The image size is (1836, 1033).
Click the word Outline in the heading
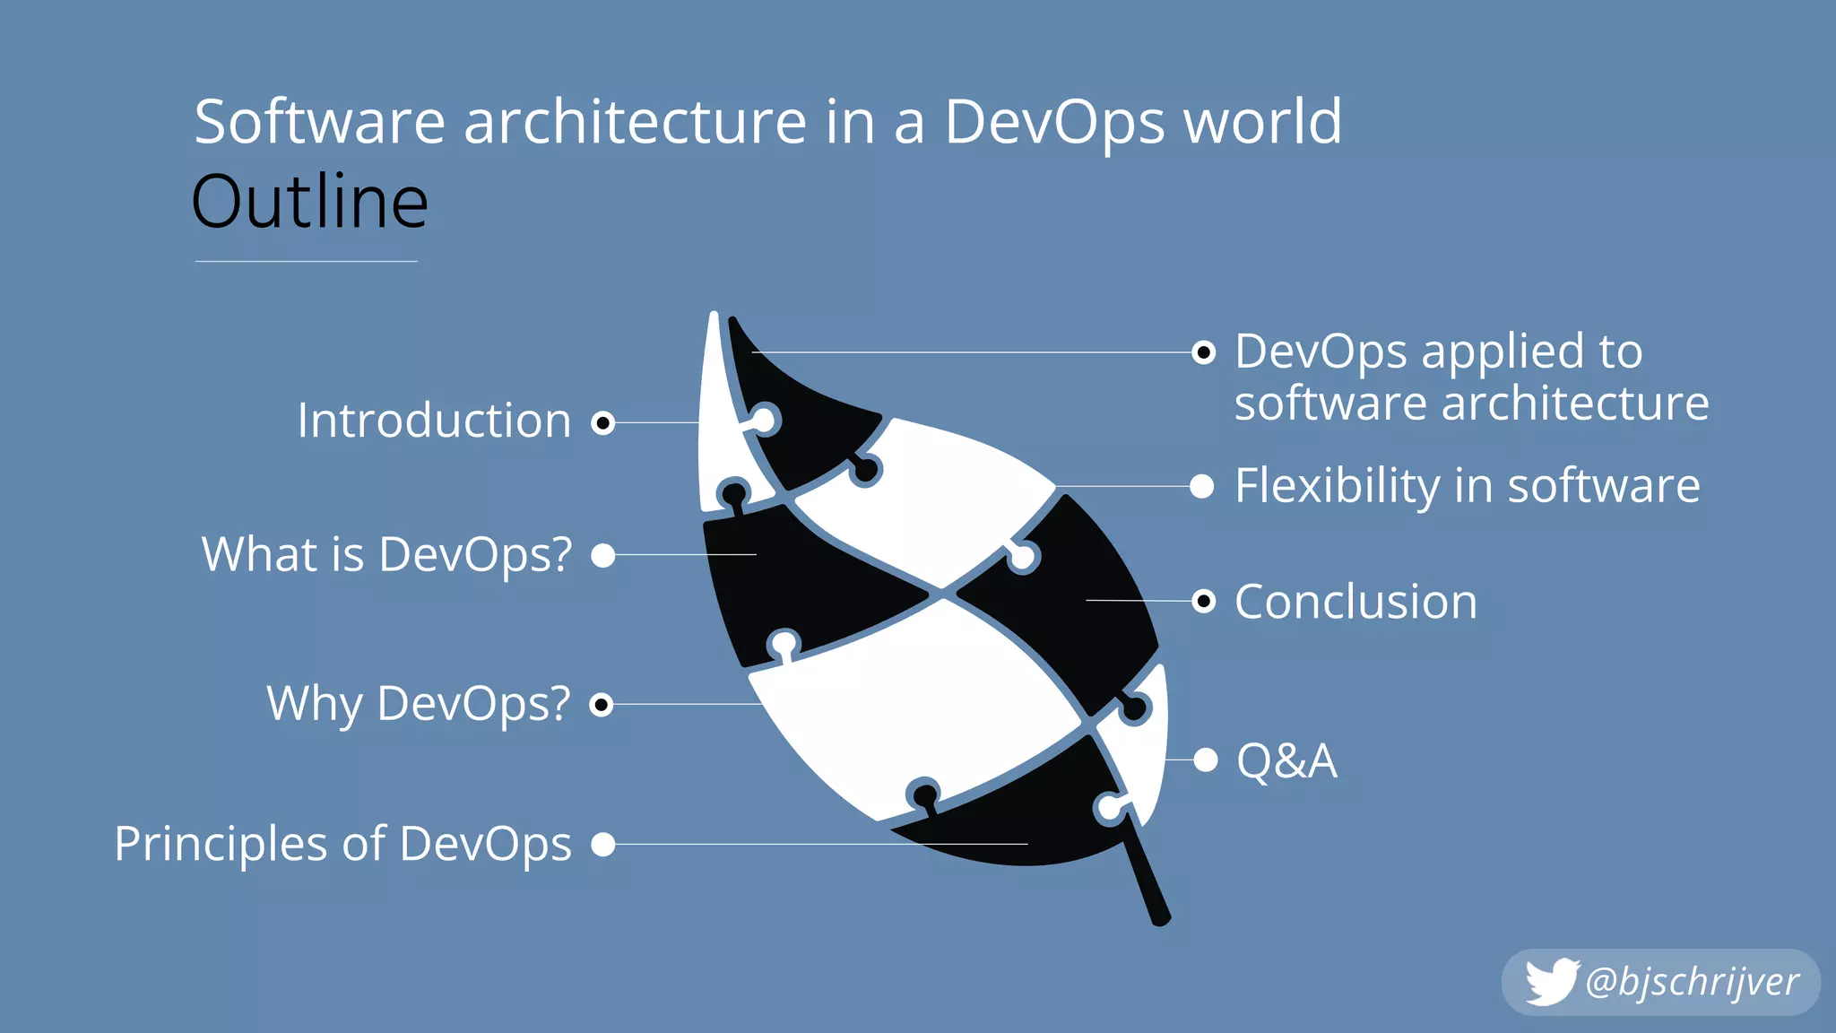point(310,203)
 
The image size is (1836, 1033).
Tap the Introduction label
point(434,421)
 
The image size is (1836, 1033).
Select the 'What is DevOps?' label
point(386,554)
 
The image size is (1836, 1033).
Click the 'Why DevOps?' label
point(418,703)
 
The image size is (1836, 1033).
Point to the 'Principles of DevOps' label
point(342,844)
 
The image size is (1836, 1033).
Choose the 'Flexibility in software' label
point(1467,486)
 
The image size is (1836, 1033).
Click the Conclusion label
point(1355,601)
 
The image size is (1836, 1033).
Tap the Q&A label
point(1286,760)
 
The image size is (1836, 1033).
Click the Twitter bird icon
point(1551,982)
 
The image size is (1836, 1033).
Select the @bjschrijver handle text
point(1692,982)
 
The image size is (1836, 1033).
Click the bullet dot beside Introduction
point(603,422)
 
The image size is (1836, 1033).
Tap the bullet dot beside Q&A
point(1206,760)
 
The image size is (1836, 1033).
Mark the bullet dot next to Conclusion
point(1204,601)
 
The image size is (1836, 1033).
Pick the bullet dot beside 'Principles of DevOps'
point(603,844)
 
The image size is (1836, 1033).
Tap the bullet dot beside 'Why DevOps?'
point(602,705)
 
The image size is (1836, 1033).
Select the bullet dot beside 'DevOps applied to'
point(1204,352)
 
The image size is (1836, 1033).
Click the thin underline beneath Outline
point(306,261)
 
